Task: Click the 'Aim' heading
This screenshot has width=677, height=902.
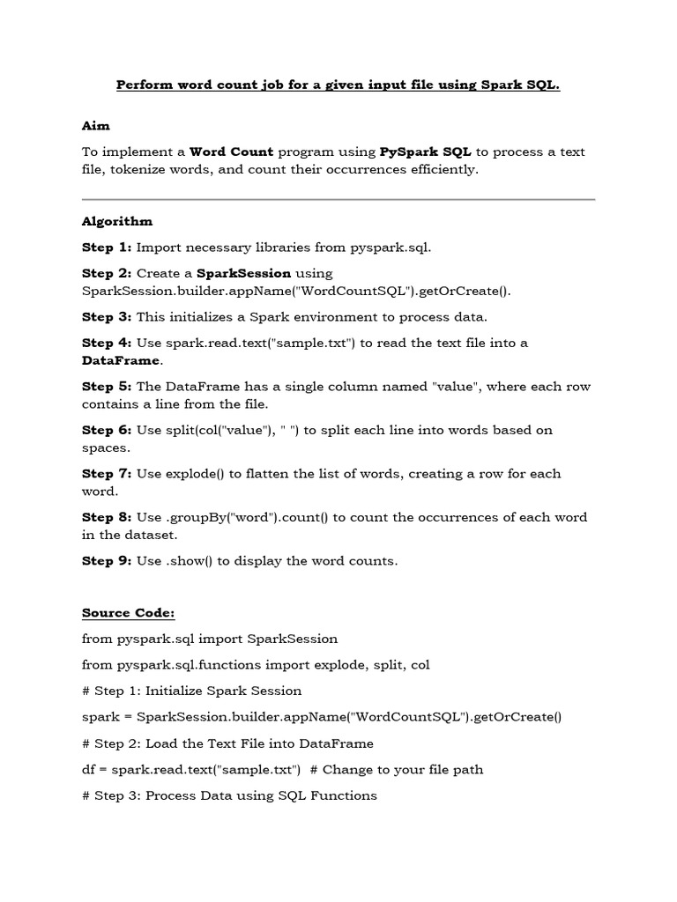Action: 95,126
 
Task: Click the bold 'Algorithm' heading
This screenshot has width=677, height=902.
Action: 117,221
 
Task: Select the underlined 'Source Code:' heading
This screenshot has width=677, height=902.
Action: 129,612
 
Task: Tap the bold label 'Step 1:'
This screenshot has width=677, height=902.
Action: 107,248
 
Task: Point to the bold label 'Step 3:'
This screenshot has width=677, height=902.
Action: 107,316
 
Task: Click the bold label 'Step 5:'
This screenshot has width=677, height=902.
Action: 107,387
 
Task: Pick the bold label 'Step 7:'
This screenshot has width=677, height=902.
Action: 107,473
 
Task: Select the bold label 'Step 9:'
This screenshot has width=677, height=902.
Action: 107,560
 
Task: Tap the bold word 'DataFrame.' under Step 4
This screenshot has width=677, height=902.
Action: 123,360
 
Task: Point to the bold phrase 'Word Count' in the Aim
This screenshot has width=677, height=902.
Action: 232,152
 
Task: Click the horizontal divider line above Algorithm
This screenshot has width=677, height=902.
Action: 338,199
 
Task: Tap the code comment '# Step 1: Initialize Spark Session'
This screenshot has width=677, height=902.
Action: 191,691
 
